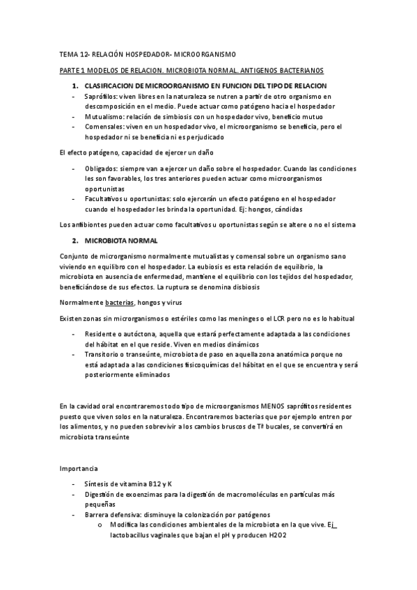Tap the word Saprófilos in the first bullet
point(102,95)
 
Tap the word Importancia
point(79,468)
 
